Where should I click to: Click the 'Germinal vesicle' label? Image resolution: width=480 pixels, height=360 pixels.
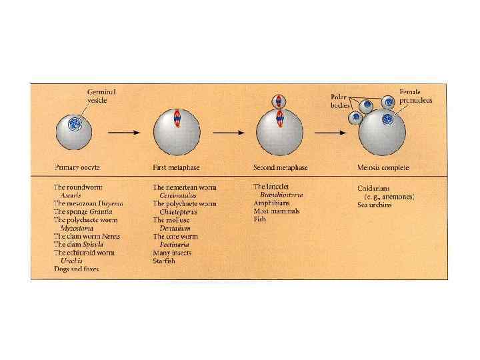(101, 96)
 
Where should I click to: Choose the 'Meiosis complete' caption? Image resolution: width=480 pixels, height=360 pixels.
(383, 167)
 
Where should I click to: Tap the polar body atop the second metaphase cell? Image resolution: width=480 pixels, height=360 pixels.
(278, 101)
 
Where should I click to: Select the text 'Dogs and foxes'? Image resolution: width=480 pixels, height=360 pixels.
(76, 269)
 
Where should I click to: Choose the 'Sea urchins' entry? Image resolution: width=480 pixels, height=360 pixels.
(375, 205)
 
